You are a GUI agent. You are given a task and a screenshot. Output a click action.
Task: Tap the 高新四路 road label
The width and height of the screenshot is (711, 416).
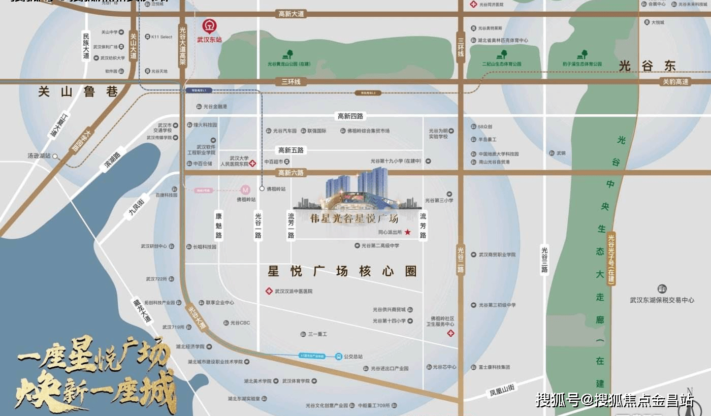[x=350, y=116]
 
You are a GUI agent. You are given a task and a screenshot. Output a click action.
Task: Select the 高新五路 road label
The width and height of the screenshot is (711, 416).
[x=290, y=150]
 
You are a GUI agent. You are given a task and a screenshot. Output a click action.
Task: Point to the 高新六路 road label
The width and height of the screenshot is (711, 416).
[x=291, y=173]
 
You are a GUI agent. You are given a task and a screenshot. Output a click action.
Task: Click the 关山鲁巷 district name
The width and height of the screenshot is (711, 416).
[x=78, y=92]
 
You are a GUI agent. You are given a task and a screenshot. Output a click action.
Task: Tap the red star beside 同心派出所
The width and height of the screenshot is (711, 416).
[x=407, y=232]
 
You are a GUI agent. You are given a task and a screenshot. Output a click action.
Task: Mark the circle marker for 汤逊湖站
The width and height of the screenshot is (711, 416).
[x=55, y=156]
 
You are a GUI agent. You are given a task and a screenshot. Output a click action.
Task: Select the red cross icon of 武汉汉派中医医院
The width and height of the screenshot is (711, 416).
[x=269, y=291]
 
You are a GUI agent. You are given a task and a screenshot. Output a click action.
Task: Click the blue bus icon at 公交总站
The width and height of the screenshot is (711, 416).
[x=338, y=357]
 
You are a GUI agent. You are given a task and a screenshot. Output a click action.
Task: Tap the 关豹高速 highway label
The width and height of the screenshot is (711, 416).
[x=676, y=82]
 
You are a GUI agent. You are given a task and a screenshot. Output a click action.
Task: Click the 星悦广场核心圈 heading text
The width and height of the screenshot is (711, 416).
[x=342, y=271]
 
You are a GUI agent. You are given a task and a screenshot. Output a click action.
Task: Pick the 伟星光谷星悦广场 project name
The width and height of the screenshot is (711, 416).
[x=354, y=219]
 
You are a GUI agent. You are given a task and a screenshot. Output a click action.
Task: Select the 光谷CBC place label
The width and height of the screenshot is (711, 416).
[x=240, y=323]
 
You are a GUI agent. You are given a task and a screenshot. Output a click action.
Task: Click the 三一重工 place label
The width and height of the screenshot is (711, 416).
[x=317, y=334]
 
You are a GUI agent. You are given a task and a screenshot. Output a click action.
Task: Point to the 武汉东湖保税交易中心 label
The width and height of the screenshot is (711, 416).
[x=662, y=300]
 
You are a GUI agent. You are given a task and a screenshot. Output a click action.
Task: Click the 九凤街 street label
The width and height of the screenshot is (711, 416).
[x=136, y=208]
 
